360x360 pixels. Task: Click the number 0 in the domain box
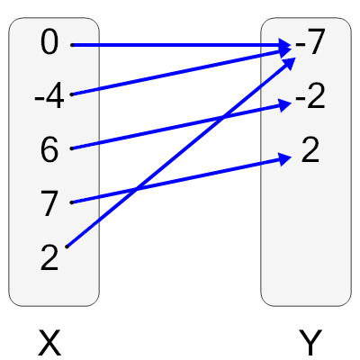49,42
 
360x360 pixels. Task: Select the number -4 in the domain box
49,96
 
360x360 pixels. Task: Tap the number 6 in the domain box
49,150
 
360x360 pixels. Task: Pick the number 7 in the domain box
49,204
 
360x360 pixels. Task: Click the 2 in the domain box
49,258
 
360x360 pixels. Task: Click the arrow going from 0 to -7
180,44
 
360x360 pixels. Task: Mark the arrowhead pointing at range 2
287,158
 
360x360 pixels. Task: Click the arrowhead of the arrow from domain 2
292,61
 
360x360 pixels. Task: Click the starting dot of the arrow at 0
71,44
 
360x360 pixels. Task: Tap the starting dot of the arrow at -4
71,95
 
